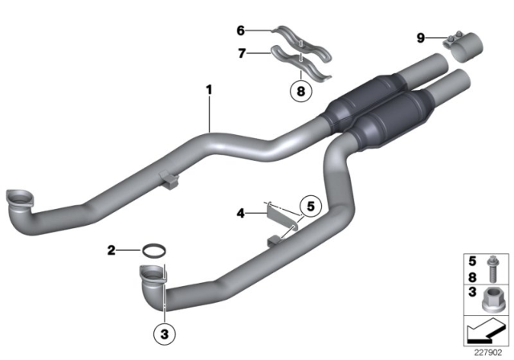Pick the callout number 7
click(x=239, y=53)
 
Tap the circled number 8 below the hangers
click(x=299, y=91)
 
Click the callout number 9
click(x=420, y=37)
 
